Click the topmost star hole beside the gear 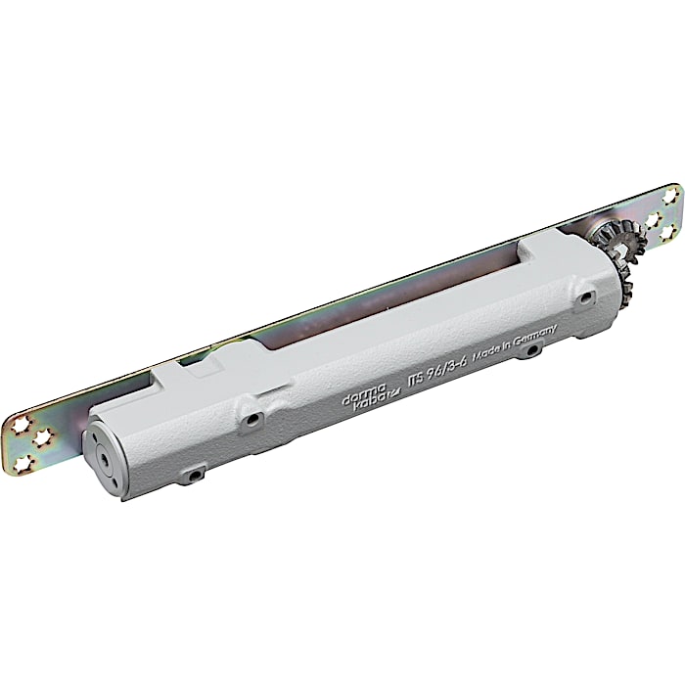[x=670, y=196]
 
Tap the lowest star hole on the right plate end [x=673, y=231]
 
